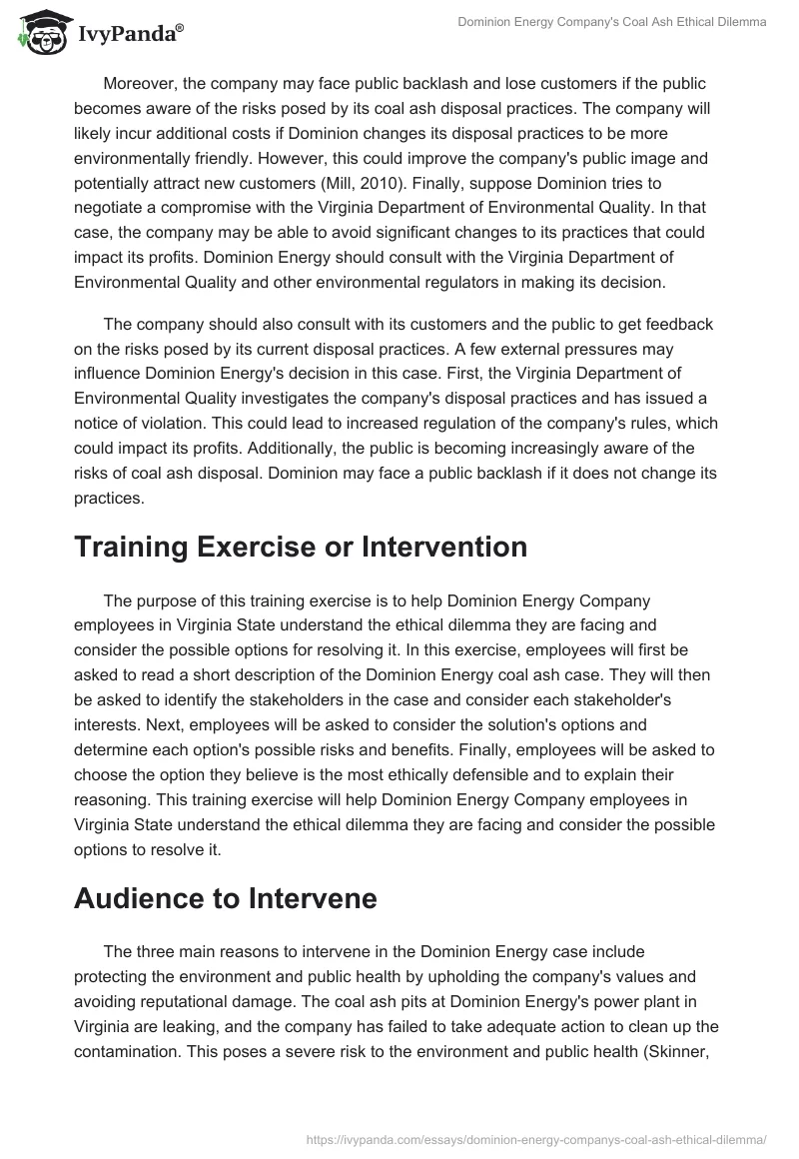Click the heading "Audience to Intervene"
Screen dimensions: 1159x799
coord(225,899)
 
